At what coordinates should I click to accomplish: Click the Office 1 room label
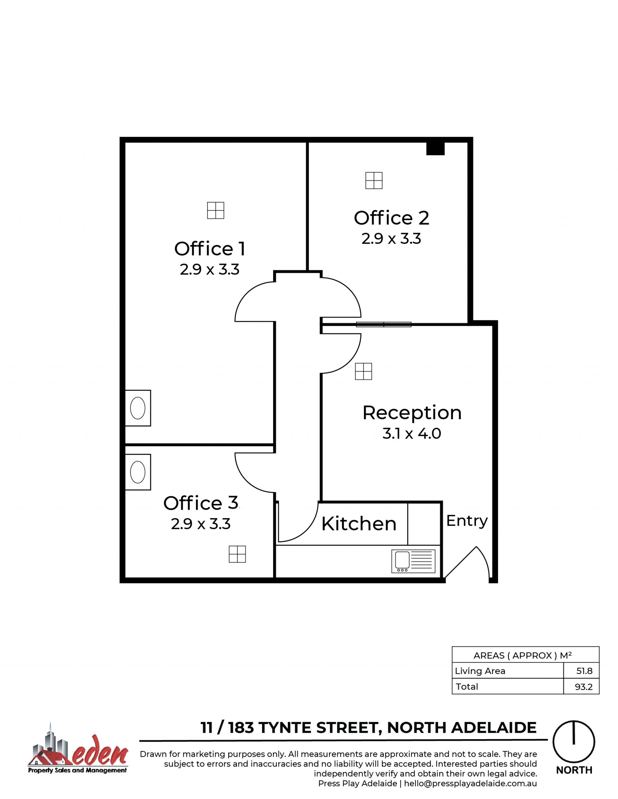coord(210,249)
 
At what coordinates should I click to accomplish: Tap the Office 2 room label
coord(391,218)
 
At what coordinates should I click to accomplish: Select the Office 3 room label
coord(201,503)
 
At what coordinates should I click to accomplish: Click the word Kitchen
coord(359,524)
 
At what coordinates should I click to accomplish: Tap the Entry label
coord(467,521)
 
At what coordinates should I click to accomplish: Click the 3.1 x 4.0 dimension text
coord(412,433)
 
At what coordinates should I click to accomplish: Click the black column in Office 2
coord(435,149)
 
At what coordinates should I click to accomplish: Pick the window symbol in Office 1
coord(216,210)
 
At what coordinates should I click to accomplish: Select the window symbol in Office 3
coord(237,554)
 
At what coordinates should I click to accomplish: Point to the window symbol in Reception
coord(363,371)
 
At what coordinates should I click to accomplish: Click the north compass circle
coord(574,742)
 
